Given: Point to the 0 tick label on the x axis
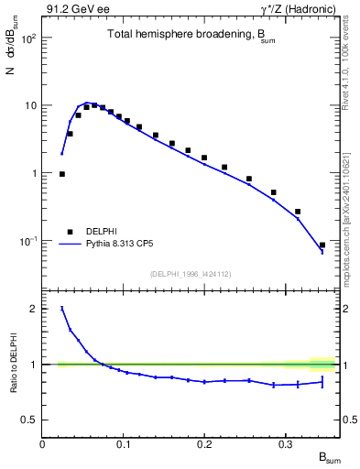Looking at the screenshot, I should coord(43,443).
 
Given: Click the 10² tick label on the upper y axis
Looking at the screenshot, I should coord(27,38).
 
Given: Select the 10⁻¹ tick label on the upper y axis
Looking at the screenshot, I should coord(27,241).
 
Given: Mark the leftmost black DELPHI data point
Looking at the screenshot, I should coord(62,174).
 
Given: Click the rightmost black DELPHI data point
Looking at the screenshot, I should coord(322,245).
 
